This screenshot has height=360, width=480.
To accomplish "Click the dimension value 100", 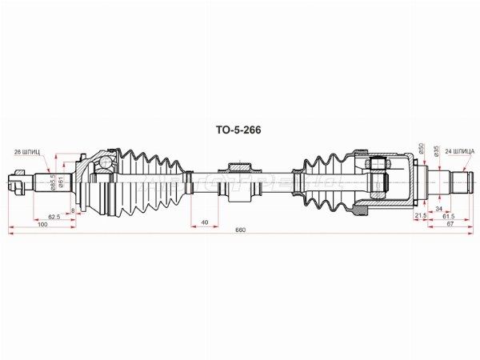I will coord(43,225).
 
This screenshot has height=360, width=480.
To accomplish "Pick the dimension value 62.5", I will coord(54,216).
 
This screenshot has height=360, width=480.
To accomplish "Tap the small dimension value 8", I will coord(74,210).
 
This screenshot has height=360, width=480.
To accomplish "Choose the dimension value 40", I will coord(205,222).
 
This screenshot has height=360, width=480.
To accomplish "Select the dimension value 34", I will coord(438,210).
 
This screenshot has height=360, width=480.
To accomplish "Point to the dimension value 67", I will coord(450,225).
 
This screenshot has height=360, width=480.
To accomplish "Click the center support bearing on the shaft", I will coord(240,182).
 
